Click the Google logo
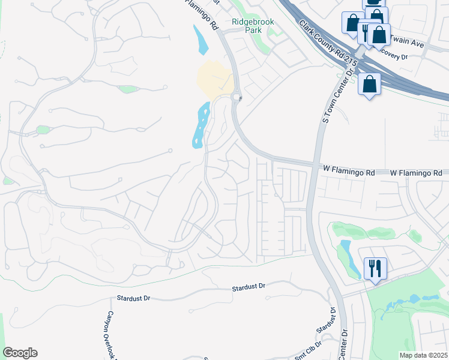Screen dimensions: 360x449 20,353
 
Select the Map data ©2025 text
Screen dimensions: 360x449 423,355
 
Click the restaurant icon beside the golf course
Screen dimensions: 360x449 375,268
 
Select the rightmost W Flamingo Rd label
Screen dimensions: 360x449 415,173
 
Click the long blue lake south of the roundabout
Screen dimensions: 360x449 200,125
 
